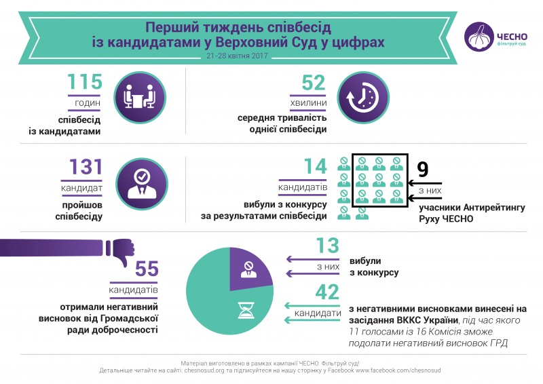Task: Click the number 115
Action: [85, 83]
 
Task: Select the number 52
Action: [314, 83]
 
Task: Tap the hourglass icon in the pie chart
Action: [246, 310]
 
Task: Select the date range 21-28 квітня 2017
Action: [238, 58]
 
